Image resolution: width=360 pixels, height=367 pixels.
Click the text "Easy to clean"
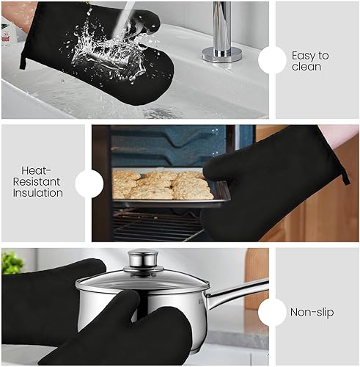point(310,60)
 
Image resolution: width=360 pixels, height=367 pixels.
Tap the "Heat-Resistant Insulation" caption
point(38,181)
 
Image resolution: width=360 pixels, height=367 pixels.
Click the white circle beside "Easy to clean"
point(272,60)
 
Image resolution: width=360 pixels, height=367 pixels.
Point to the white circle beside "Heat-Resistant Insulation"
point(89,183)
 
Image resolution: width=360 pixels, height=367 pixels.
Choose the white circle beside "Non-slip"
point(272,310)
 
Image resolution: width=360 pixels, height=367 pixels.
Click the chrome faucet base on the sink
point(221,53)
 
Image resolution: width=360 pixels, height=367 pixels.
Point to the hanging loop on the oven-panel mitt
point(344,175)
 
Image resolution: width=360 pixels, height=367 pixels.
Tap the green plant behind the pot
point(12,262)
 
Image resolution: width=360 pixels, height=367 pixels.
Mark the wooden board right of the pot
point(257,275)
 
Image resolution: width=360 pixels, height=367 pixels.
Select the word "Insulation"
point(38,194)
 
